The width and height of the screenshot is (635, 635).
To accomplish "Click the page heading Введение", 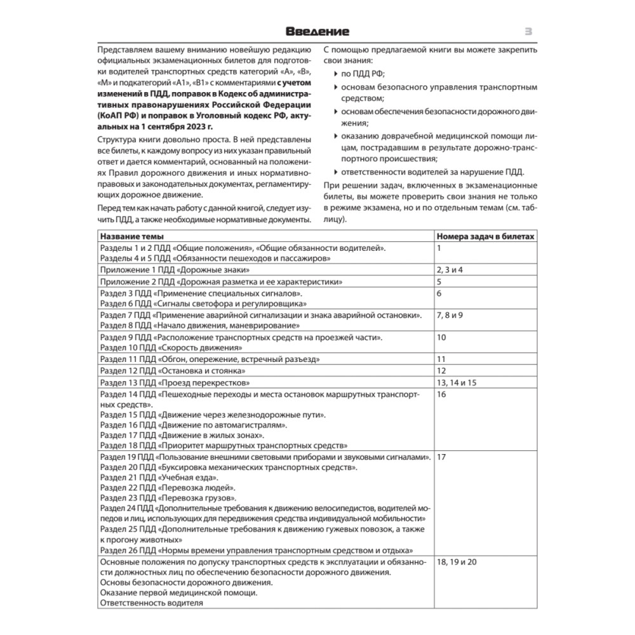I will click(x=317, y=31).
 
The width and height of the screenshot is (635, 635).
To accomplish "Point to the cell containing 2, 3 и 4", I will click(x=450, y=270).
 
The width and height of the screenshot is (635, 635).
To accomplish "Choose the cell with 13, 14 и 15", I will click(x=457, y=383).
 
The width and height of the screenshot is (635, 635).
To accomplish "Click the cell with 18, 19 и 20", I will click(x=457, y=562).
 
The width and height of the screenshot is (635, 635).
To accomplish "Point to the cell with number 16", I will click(x=442, y=394).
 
